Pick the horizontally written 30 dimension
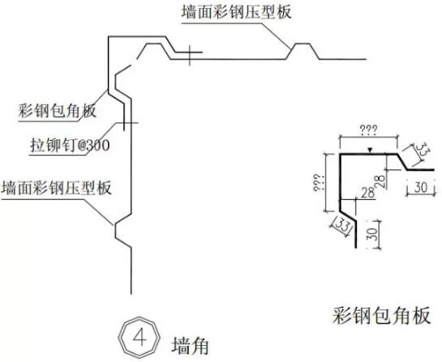point(419,186)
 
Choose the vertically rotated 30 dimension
point(371,236)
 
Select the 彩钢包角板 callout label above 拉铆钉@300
point(56,111)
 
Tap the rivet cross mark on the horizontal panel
point(188,57)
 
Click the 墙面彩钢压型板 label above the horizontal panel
point(235,11)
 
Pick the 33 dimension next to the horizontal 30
point(423,150)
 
